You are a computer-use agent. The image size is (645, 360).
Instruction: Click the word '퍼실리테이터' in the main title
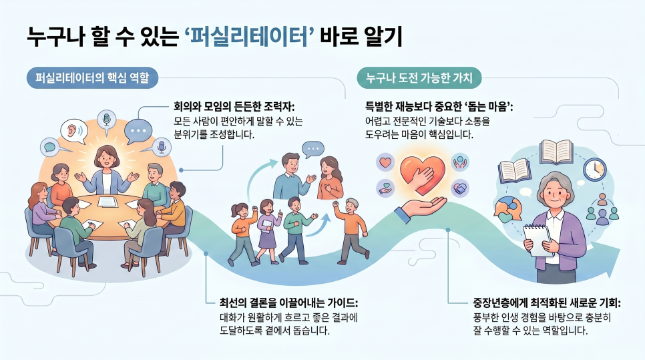(x=250, y=36)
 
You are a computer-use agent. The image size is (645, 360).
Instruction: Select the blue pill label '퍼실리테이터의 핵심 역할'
(x=92, y=77)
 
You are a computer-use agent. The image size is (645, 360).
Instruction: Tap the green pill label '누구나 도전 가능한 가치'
(x=419, y=77)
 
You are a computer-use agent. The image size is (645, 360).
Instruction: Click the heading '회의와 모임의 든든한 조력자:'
(x=234, y=107)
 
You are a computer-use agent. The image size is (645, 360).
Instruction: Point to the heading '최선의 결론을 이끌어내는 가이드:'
(x=288, y=303)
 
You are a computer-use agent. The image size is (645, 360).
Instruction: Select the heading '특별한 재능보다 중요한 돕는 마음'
(x=439, y=107)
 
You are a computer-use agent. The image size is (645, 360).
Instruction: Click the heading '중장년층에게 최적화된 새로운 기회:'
(x=547, y=303)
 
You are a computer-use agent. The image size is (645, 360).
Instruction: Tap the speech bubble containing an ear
(x=74, y=131)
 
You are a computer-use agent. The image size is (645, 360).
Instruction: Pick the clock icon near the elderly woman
(x=595, y=170)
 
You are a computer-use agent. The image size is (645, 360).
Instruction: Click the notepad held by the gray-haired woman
(x=537, y=240)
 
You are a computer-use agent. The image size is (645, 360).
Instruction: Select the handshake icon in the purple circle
(x=460, y=188)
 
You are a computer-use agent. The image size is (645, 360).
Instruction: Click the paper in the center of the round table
(x=107, y=202)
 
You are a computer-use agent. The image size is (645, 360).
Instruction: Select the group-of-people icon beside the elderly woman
(x=602, y=209)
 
